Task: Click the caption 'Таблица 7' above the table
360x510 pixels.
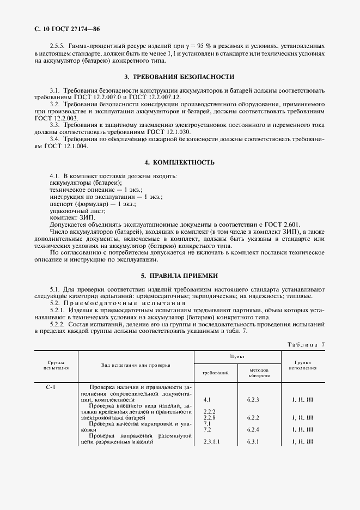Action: tap(305, 345)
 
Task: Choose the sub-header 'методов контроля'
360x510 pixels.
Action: tap(259, 373)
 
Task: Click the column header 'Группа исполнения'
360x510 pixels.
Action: tap(302, 365)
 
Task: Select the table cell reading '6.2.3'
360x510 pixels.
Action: tap(252, 400)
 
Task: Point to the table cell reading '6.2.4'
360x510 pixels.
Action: tap(252, 429)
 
